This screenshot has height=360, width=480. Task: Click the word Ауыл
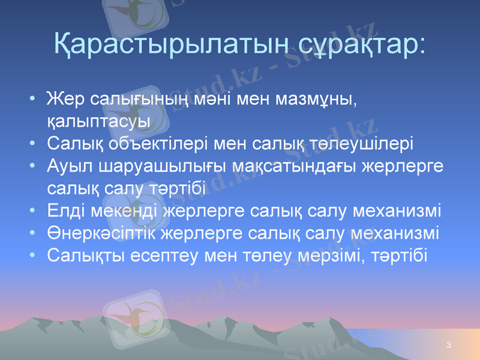tap(67, 166)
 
